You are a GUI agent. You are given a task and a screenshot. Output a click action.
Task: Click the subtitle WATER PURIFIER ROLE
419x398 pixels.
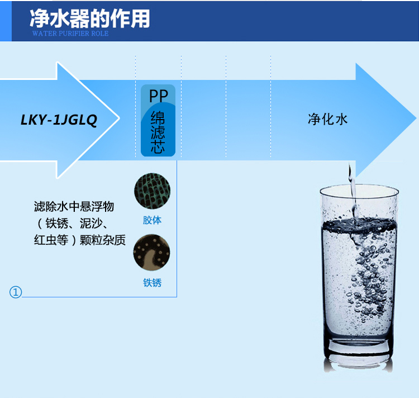70,34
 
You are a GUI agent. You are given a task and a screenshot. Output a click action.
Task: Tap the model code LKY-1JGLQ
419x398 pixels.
59,120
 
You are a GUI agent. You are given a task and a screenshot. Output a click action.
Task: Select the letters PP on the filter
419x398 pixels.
158,96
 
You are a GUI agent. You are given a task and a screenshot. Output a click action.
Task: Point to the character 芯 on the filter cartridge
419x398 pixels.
158,146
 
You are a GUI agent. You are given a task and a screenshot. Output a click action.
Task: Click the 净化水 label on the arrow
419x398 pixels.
327,119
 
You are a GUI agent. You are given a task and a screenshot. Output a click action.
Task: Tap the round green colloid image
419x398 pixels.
152,191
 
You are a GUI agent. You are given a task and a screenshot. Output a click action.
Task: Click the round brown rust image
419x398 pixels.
152,252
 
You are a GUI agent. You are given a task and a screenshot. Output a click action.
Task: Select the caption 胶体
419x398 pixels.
152,220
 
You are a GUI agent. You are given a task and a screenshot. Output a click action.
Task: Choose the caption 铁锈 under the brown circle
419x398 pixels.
152,283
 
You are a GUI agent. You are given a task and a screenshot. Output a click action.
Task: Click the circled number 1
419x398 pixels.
16,292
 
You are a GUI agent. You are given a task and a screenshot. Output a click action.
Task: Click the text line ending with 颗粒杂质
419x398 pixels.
78,240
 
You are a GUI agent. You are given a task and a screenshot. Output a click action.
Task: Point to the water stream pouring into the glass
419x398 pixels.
351,184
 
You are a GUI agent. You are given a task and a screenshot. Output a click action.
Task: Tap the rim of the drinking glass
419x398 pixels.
359,190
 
